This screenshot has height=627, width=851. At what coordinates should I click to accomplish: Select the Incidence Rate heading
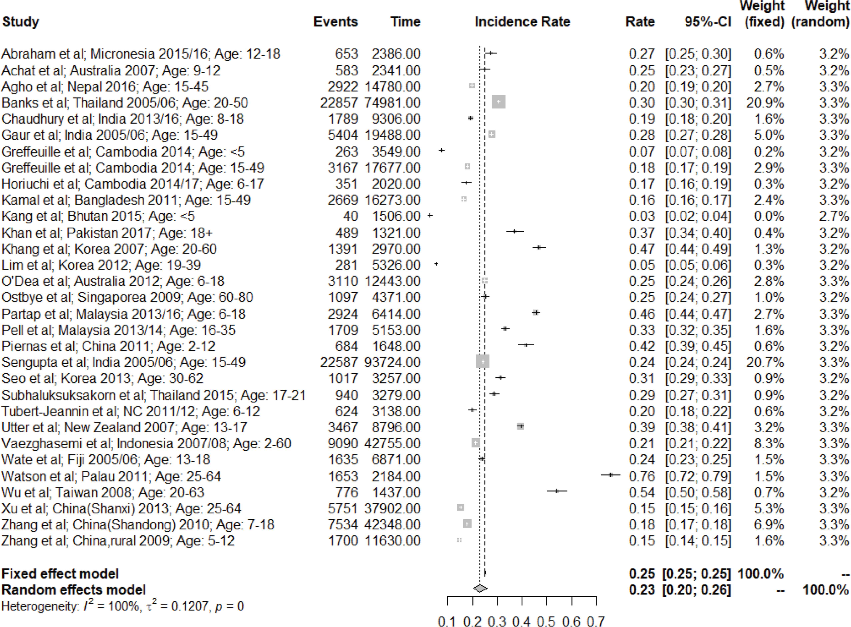point(522,22)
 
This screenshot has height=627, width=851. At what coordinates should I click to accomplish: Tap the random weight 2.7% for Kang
point(834,216)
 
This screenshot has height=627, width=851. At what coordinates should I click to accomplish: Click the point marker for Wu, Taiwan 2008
point(557,491)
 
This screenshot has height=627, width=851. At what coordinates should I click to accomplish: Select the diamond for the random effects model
point(480,588)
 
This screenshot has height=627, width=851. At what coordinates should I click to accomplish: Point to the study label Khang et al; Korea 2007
point(109,249)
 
